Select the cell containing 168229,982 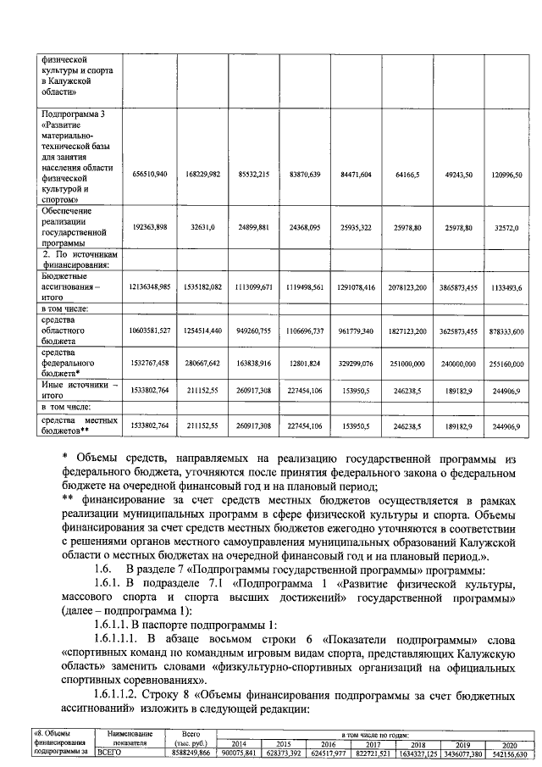tap(202, 174)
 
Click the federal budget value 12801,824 tap(304, 363)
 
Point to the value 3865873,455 tap(457, 288)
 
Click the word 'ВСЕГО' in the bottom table tap(110, 753)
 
